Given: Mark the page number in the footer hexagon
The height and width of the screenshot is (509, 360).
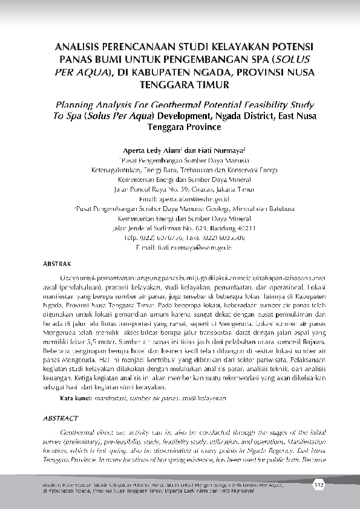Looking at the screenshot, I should pos(319,484).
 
